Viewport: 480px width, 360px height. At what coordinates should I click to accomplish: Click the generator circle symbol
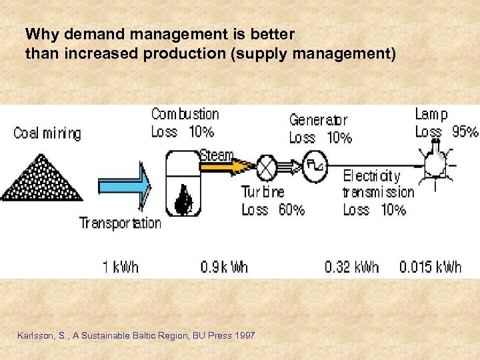(x=314, y=164)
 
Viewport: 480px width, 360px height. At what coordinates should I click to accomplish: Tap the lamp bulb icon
(x=436, y=160)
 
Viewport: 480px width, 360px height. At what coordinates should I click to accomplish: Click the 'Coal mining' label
(x=47, y=133)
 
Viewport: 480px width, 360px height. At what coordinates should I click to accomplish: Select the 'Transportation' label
(x=120, y=223)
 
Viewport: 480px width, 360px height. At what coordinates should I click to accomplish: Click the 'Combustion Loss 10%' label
(x=185, y=123)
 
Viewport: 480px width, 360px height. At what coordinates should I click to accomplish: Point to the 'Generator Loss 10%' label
(x=320, y=129)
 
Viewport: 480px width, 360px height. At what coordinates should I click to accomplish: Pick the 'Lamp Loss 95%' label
(x=445, y=123)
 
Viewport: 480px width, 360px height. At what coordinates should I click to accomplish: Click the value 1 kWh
(x=121, y=267)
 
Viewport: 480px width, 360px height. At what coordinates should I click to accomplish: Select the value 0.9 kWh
(x=224, y=267)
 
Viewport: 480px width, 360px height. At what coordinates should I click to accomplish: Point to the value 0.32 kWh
(x=351, y=267)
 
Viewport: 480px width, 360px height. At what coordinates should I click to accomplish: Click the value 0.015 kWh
(x=430, y=267)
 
